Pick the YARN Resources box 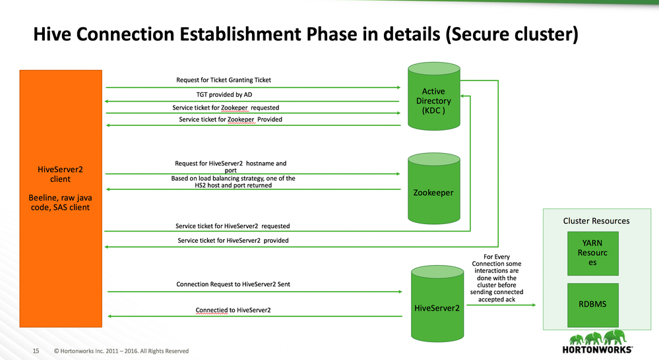pyautogui.click(x=592, y=253)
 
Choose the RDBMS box pyautogui.click(x=592, y=305)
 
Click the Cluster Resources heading pyautogui.click(x=596, y=221)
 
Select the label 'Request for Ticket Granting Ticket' pyautogui.click(x=224, y=80)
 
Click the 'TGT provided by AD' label pyautogui.click(x=224, y=94)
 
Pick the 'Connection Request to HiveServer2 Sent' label pyautogui.click(x=233, y=284)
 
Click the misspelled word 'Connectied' pyautogui.click(x=211, y=310)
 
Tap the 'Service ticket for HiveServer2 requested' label pyautogui.click(x=234, y=225)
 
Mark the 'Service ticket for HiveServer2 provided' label pyautogui.click(x=233, y=241)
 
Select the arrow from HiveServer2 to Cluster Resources pyautogui.click(x=501, y=305)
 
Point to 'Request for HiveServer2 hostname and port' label pyautogui.click(x=230, y=166)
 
